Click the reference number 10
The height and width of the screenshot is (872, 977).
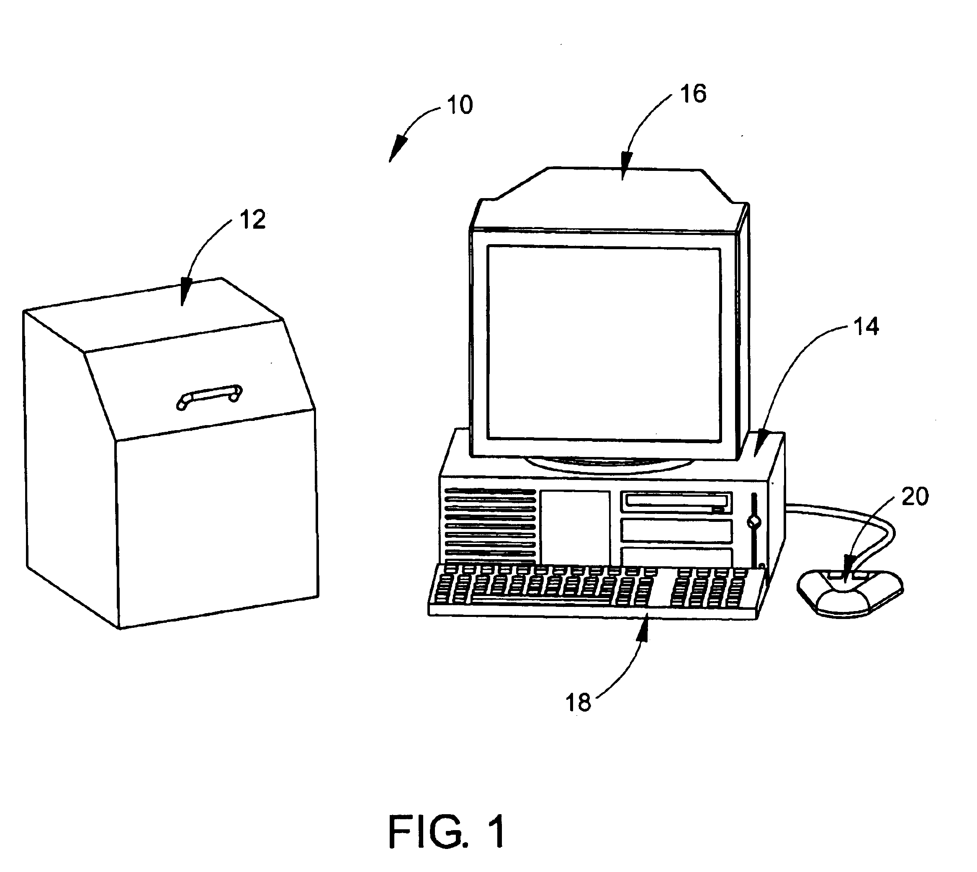point(460,105)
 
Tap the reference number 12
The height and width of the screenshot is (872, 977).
point(252,220)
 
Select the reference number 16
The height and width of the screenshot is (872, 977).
point(693,93)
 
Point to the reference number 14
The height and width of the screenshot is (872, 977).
point(866,327)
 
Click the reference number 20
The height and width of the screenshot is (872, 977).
point(915,497)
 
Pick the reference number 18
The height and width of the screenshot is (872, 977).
point(578,703)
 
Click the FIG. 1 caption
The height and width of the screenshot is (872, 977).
point(446,832)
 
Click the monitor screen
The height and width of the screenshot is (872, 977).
point(604,343)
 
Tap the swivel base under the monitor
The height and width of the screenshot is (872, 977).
point(608,463)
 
